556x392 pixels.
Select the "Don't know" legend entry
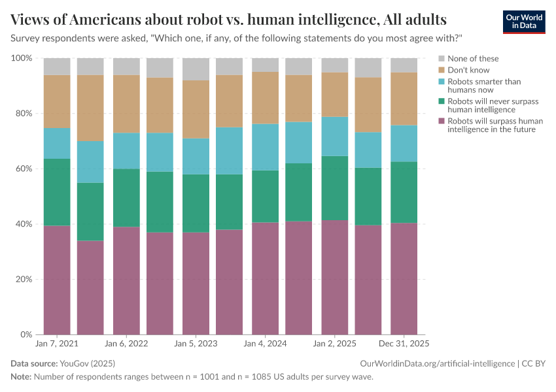click(x=468, y=70)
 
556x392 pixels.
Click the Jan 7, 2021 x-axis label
click(x=57, y=343)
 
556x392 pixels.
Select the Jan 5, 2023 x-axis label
click(x=196, y=343)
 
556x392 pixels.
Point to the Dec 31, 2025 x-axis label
click(x=404, y=343)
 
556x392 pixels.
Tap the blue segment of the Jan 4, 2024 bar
click(x=265, y=147)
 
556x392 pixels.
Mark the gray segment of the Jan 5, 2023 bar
click(x=196, y=69)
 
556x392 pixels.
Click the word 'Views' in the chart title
click(x=31, y=18)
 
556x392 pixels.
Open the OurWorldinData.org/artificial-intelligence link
click(x=437, y=363)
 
